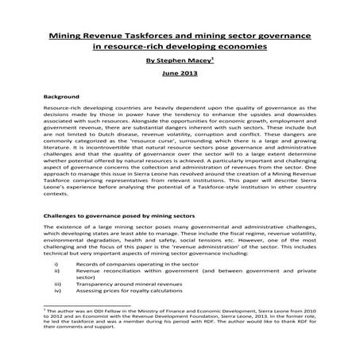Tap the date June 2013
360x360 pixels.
180,73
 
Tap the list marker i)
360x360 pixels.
56,261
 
